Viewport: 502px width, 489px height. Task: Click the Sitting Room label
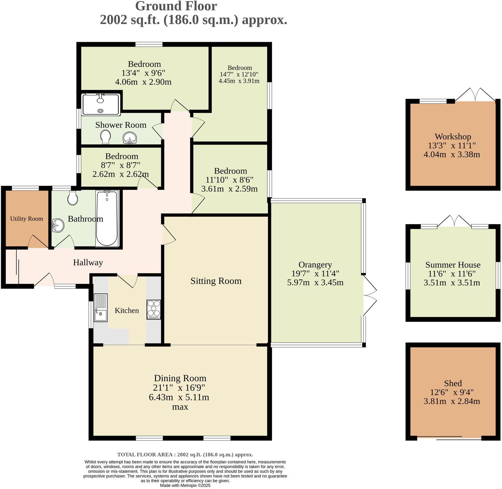[216, 281]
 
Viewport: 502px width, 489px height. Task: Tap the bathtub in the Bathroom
[107, 218]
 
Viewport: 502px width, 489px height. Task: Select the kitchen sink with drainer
[101, 307]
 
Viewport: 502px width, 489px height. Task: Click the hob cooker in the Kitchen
[154, 309]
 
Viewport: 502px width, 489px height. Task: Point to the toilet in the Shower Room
[105, 137]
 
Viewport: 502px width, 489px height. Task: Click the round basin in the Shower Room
[130, 138]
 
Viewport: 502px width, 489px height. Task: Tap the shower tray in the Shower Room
[101, 104]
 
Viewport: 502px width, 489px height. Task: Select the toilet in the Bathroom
[73, 197]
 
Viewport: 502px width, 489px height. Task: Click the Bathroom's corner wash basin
[58, 226]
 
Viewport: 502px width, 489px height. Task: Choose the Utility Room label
[27, 219]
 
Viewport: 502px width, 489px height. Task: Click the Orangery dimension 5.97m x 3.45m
[315, 283]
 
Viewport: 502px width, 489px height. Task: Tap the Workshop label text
[453, 137]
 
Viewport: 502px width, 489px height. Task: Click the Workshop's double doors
[475, 95]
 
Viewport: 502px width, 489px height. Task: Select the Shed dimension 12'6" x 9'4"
[452, 392]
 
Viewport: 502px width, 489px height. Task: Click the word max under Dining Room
[180, 407]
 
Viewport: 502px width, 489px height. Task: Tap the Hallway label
[88, 263]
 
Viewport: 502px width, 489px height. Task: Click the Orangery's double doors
[370, 295]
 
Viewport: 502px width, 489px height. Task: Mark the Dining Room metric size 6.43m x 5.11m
[179, 397]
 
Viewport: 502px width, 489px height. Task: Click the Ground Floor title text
[176, 6]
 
